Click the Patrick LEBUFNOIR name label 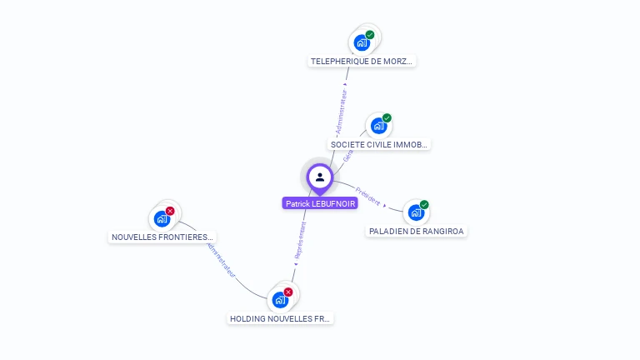(x=320, y=203)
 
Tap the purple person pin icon (x=320, y=177)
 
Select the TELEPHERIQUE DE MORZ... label (x=362, y=61)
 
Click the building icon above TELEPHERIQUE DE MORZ (x=362, y=42)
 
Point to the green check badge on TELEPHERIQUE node (x=370, y=35)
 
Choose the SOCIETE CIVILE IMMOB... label (x=379, y=144)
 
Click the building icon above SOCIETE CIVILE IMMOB (x=378, y=126)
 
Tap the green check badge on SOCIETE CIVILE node (x=387, y=118)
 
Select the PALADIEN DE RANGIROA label (x=417, y=231)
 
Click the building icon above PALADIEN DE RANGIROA (x=416, y=212)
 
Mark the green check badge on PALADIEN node (x=424, y=205)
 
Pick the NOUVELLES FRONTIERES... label (x=163, y=237)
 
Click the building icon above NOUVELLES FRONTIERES (x=162, y=219)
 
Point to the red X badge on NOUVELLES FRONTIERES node (x=170, y=211)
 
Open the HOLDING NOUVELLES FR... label (x=280, y=318)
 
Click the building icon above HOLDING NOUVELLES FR (x=280, y=300)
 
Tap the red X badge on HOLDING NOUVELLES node (x=288, y=292)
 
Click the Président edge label (x=367, y=195)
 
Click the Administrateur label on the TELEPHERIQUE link (x=341, y=109)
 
